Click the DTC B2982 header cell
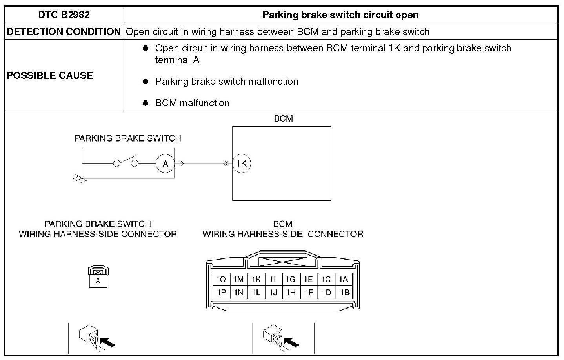pos(64,15)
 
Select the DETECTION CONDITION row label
pos(64,32)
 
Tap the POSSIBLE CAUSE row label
pos(50,75)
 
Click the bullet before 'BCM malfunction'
pos(146,103)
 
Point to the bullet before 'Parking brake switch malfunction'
pos(146,82)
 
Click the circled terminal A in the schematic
pos(165,164)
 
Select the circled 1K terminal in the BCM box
pos(242,164)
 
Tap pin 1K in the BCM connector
pos(256,279)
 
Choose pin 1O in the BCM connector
pos(221,279)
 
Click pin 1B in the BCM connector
pos(344,292)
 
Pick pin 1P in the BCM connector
pos(221,292)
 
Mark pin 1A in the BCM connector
pos(343,279)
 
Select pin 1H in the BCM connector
pos(291,292)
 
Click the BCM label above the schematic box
pos(283,118)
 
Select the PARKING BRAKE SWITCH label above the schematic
pos(128,138)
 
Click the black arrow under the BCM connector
pos(291,342)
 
